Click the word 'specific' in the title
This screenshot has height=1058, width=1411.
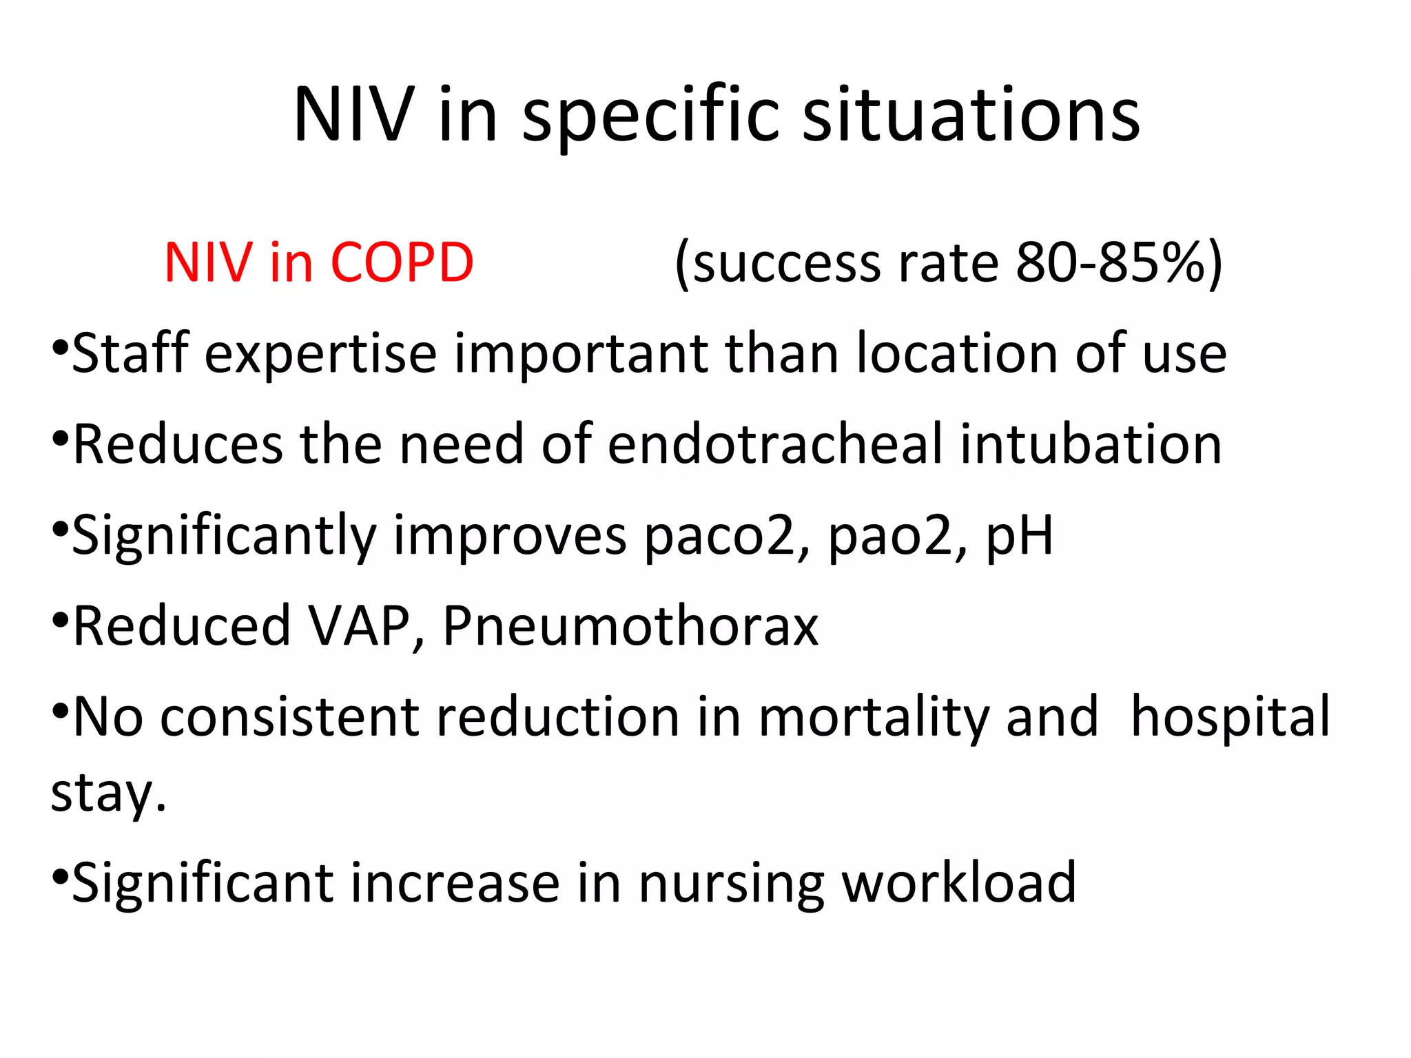click(x=651, y=115)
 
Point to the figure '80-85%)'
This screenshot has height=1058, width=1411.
click(x=1119, y=262)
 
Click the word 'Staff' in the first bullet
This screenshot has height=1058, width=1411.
click(x=131, y=353)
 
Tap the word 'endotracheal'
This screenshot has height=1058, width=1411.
click(x=775, y=444)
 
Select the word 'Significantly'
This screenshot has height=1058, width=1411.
click(x=225, y=536)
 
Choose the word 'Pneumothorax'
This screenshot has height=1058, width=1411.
click(x=630, y=625)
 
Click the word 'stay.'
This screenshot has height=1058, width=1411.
click(x=109, y=793)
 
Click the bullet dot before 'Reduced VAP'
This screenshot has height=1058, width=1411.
click(x=60, y=618)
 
